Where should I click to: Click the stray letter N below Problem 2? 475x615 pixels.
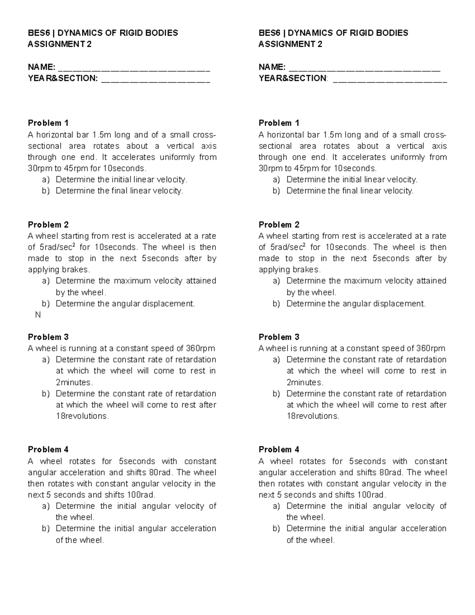click(38, 315)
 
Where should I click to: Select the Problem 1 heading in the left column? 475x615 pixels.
click(48, 123)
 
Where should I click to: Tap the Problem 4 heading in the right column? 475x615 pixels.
click(279, 449)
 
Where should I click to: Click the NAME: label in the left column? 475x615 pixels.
click(41, 67)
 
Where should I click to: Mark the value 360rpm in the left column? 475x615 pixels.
click(200, 348)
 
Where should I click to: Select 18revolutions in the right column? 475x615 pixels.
click(313, 416)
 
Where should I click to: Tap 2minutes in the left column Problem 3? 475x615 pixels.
click(74, 383)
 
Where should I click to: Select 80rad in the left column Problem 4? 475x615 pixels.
click(161, 472)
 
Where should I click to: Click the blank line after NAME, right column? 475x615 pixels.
click(364, 68)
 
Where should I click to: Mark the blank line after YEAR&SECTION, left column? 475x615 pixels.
click(156, 79)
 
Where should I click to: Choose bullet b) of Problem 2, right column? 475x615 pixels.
click(276, 304)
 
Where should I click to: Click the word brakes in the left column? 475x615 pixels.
click(78, 270)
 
